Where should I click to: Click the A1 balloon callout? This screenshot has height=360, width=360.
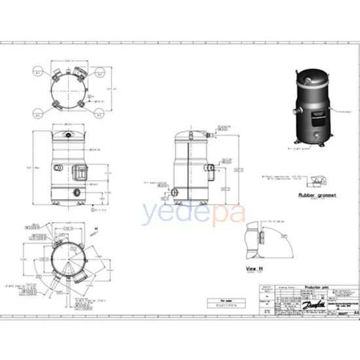(x=38, y=73)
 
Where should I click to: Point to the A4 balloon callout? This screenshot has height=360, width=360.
(x=38, y=115)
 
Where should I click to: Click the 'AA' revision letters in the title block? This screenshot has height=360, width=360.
(x=355, y=297)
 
